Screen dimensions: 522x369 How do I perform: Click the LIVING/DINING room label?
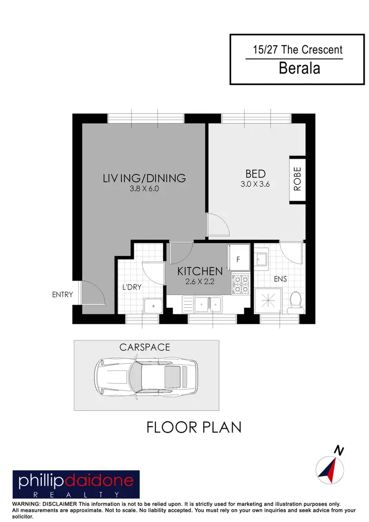[144, 178]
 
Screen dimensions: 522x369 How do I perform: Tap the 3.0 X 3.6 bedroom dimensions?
[255, 185]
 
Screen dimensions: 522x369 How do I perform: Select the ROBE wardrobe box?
[297, 180]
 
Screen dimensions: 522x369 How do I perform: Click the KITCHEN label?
[200, 271]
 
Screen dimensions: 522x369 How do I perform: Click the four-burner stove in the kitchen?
[241, 284]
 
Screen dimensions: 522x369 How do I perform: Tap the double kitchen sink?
[209, 305]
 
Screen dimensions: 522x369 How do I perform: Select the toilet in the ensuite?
[296, 301]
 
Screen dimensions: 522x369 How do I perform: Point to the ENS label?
[280, 279]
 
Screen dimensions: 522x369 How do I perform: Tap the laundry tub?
[154, 306]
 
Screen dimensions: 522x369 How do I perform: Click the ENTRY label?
[62, 295]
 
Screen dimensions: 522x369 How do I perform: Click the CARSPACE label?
[145, 347]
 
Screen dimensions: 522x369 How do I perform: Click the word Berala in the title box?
[299, 68]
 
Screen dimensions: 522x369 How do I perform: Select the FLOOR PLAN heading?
[194, 427]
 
